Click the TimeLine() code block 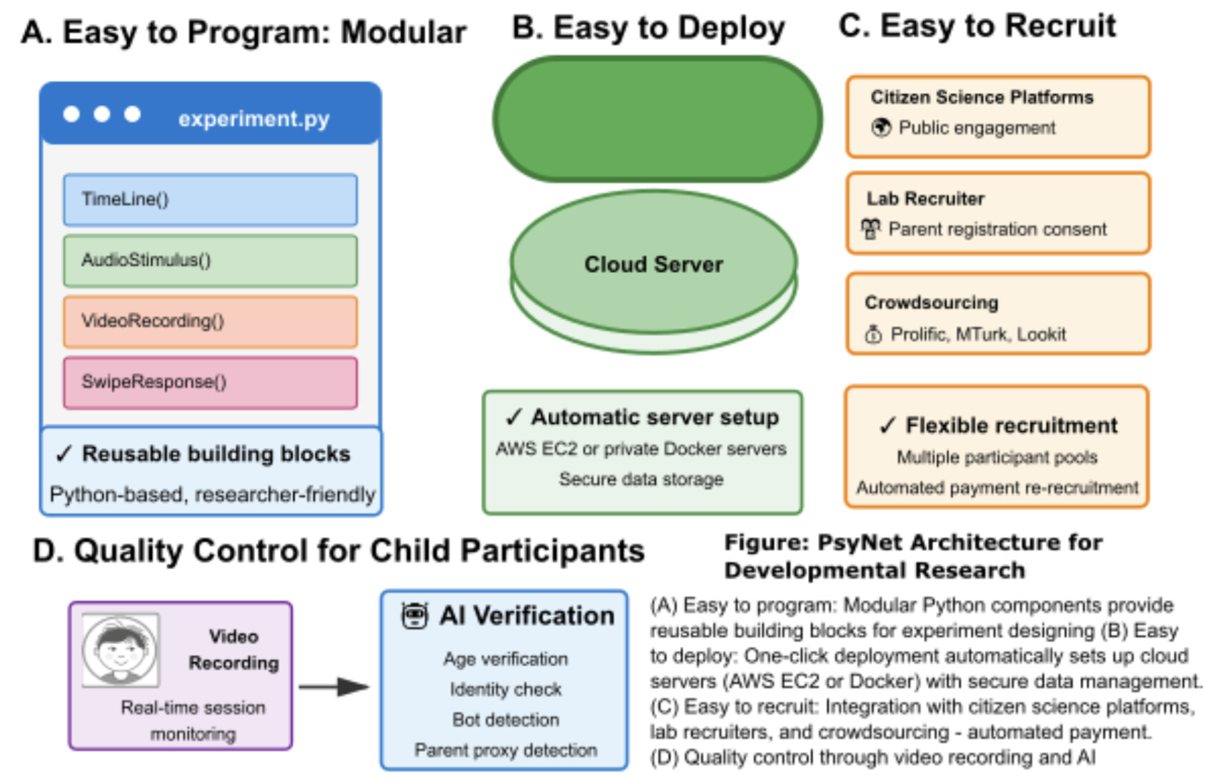point(210,199)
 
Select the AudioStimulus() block point(210,260)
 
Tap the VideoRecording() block point(210,322)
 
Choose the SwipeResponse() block point(210,382)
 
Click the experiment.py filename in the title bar point(254,118)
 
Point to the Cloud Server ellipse point(653,264)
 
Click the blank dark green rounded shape point(657,119)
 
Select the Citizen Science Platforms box point(997,116)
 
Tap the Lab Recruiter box point(997,213)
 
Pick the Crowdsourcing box point(997,314)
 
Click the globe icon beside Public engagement point(881,128)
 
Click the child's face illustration point(120,649)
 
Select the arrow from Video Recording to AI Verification point(334,687)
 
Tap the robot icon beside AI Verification point(414,615)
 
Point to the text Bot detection point(505,720)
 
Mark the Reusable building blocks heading point(203,454)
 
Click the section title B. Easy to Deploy point(648,29)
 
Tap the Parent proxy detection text point(505,750)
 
